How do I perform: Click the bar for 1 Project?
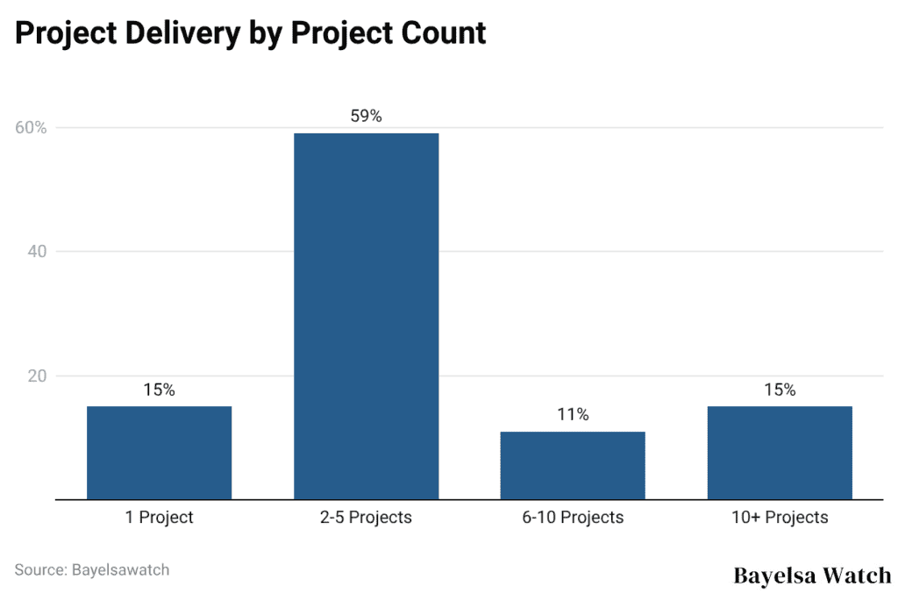coord(159,453)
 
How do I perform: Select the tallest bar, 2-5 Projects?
coord(366,316)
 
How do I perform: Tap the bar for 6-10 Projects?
coord(573,465)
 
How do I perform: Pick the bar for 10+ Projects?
coord(780,453)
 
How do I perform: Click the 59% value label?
coord(366,116)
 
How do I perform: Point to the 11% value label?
coord(573,414)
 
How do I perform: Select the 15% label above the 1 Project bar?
coord(159,390)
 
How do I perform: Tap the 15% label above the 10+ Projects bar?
coord(780,390)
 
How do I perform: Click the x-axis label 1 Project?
coord(159,518)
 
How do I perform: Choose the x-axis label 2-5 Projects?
coord(366,518)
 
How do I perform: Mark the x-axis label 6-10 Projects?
coord(573,518)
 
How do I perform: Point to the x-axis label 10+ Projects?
coord(780,518)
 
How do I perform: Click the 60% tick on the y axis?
coord(31,128)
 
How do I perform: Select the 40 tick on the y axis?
coord(38,252)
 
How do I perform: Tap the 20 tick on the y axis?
coord(38,376)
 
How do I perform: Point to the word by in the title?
coord(270,33)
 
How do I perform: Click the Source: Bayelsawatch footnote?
coord(92,569)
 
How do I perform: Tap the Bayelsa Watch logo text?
coord(811,576)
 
